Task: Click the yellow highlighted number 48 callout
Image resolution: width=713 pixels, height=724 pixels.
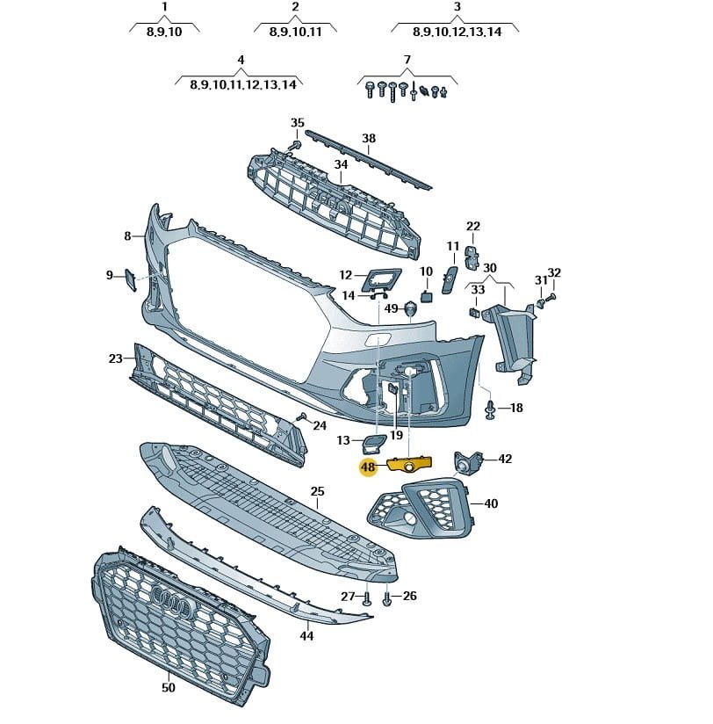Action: (x=367, y=467)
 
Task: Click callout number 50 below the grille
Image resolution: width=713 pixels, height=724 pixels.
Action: (x=168, y=687)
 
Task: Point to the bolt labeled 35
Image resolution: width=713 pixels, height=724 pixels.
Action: (x=296, y=144)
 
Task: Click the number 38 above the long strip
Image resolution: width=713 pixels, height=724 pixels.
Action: (x=369, y=139)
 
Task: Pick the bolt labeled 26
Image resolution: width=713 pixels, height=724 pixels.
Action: (x=387, y=599)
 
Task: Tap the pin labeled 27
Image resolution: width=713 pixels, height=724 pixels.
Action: (x=368, y=599)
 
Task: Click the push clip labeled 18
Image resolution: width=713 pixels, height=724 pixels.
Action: (x=490, y=409)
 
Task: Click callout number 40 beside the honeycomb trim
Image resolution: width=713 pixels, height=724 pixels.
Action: (x=491, y=503)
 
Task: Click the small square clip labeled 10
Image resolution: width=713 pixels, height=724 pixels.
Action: (x=426, y=296)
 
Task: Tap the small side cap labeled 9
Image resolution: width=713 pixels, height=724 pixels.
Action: (x=128, y=279)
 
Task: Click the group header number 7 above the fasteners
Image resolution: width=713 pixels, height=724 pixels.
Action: (x=407, y=61)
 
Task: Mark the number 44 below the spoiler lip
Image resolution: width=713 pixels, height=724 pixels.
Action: (x=306, y=635)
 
